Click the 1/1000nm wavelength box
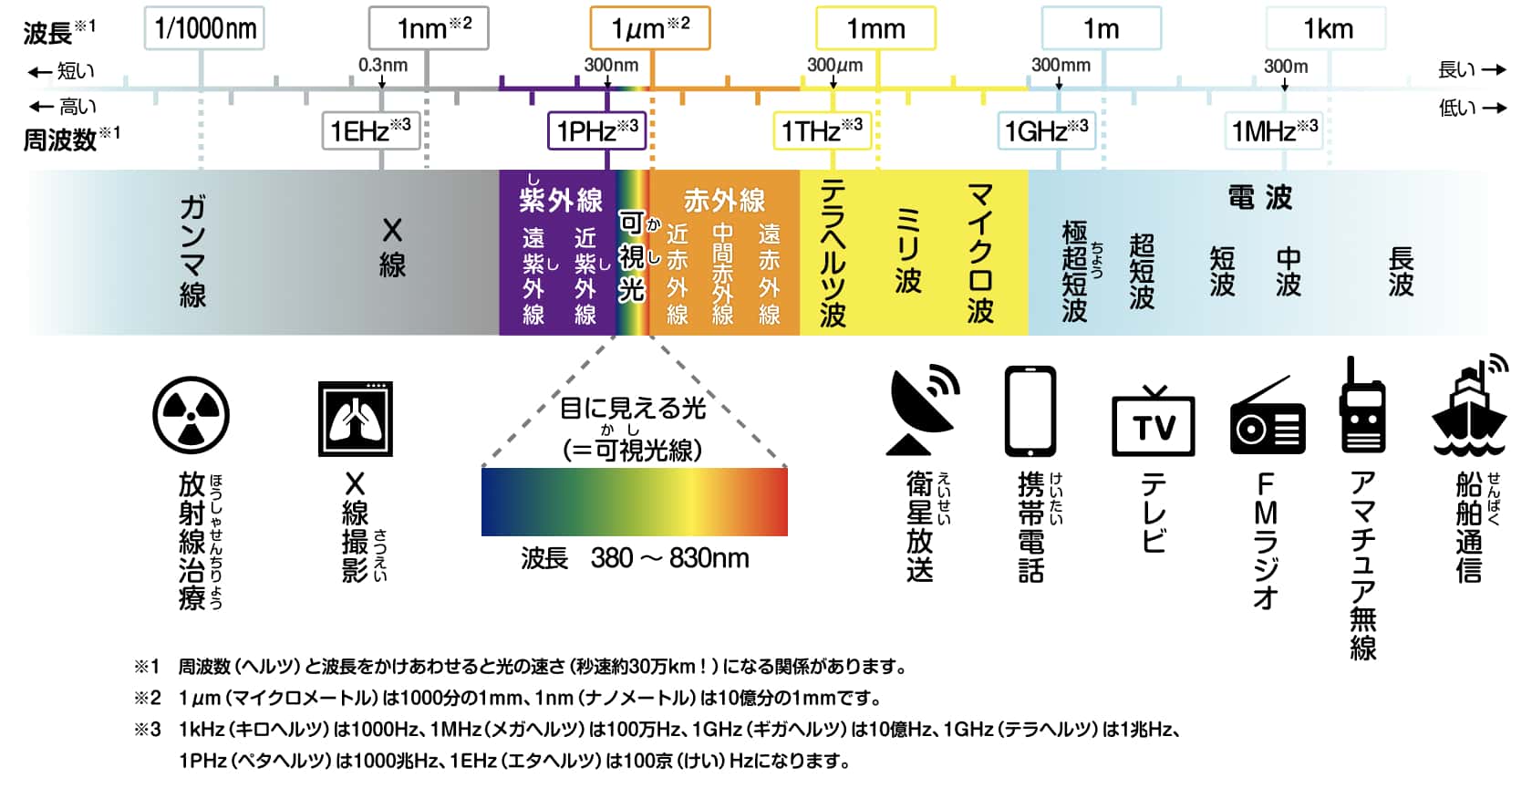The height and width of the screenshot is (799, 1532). tap(204, 28)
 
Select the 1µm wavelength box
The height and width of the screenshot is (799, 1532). tap(650, 28)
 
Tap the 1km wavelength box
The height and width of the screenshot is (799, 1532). tap(1326, 28)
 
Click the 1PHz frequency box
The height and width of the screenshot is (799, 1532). tap(597, 130)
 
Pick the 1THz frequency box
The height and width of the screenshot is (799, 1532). tap(823, 130)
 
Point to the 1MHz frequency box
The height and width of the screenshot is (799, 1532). tap(1273, 130)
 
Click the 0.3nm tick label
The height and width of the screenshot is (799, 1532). tap(383, 65)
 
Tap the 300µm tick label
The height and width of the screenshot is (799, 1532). tap(835, 65)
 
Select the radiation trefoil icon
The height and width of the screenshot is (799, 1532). tap(191, 415)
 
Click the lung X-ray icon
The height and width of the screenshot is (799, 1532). tap(356, 419)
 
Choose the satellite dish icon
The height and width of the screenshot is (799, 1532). tap(923, 410)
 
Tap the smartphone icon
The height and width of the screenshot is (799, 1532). tap(1030, 411)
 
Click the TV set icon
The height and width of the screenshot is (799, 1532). tap(1154, 420)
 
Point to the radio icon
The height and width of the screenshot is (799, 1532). tap(1268, 415)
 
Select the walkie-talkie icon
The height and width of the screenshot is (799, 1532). tap(1362, 404)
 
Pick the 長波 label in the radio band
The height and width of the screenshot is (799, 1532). tap(1401, 272)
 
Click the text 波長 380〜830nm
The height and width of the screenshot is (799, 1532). tap(635, 558)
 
